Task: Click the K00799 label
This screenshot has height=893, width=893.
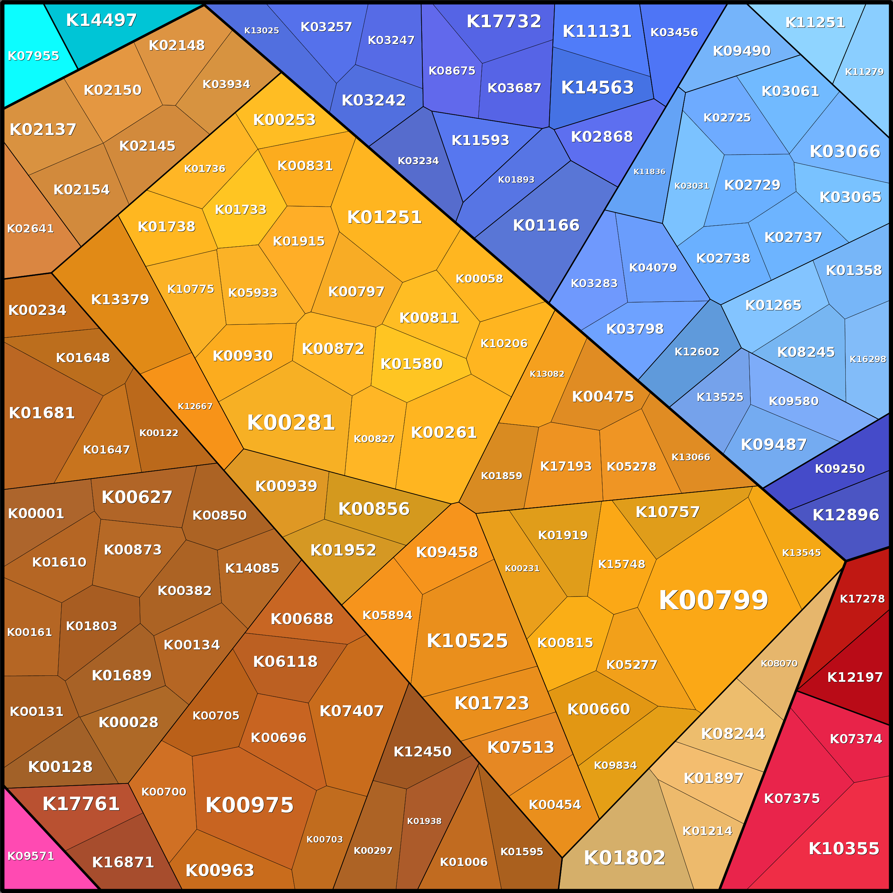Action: (x=713, y=600)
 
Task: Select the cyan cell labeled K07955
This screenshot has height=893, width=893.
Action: (x=33, y=56)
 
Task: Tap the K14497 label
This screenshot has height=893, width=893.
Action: (x=101, y=20)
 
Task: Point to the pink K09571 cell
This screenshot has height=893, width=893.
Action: (x=31, y=856)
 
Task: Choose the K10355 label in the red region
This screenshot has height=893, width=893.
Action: (x=844, y=849)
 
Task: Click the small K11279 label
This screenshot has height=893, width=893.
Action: (x=864, y=72)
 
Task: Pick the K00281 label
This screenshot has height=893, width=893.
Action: (x=291, y=422)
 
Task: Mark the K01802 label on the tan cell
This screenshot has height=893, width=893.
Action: (x=625, y=858)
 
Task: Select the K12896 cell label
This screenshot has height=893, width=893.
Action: (x=845, y=515)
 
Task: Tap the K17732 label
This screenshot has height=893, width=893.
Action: (x=503, y=21)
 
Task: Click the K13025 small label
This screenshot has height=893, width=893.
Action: (x=261, y=31)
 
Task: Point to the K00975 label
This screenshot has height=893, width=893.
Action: (x=249, y=805)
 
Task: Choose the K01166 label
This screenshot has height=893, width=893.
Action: (x=546, y=225)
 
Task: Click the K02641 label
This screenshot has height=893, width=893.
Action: (x=30, y=228)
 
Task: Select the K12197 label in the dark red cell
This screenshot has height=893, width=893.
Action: (x=855, y=677)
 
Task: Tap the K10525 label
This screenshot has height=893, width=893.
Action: (x=467, y=641)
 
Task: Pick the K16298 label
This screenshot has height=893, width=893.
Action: (x=867, y=359)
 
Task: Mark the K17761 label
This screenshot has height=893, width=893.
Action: (x=81, y=804)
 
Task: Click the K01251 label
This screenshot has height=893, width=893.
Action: (x=384, y=217)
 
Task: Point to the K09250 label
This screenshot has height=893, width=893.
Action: (x=839, y=469)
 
